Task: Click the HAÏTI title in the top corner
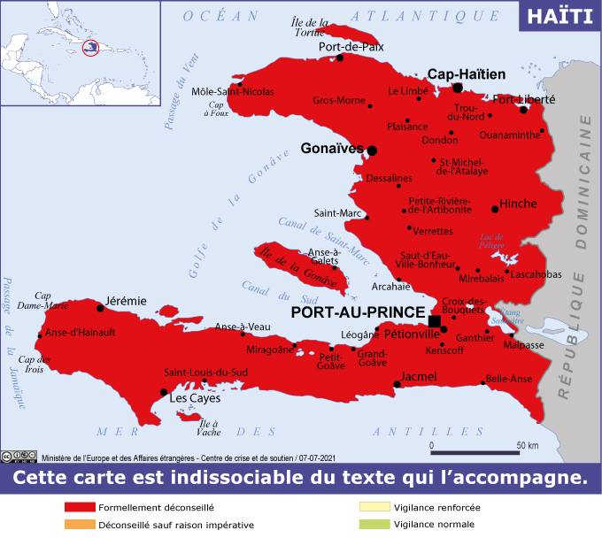coord(560,16)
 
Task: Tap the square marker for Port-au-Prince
coord(435,321)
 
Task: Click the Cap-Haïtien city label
coord(467,74)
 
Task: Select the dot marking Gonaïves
coord(372,150)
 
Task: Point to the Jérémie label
coord(126,301)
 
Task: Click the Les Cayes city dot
coord(164,392)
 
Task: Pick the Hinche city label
coord(518,204)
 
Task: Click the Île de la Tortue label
coord(311,27)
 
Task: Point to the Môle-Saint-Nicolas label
coord(233,91)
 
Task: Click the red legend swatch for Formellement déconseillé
coord(79,508)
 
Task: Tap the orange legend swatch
coord(79,524)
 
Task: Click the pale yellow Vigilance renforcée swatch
coord(374,508)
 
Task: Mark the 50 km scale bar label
coord(528,445)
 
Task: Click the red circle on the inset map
coord(89,48)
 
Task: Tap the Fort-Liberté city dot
coord(524,110)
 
